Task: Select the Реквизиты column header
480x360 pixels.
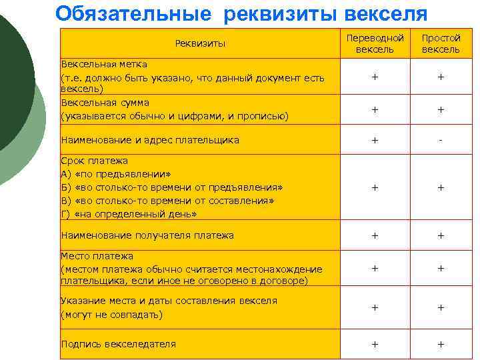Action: pos(200,44)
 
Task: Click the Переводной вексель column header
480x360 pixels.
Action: pos(375,44)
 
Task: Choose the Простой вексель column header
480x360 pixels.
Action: pos(441,44)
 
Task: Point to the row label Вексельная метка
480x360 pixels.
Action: pos(104,64)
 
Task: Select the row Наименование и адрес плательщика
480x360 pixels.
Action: pos(150,140)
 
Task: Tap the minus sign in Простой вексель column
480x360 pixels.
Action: pos(441,141)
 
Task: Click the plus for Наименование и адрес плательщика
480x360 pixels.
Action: pos(375,141)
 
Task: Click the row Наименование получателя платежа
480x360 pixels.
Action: pos(147,235)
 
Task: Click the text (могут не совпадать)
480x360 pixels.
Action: pos(111,314)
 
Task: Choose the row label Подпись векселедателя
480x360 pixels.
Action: pos(119,344)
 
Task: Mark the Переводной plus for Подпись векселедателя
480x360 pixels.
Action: pos(375,344)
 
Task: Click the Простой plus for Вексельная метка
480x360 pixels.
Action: pos(441,77)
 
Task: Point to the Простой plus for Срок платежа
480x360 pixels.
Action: pos(441,188)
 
